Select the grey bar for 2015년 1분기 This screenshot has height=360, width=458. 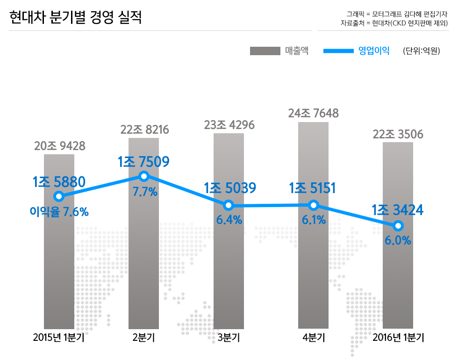coord(59,262)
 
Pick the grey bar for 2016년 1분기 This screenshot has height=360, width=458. coord(398,276)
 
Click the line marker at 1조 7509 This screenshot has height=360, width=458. coord(144,176)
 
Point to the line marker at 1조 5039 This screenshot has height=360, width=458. coord(229,205)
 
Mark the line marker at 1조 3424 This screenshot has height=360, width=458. coord(398,226)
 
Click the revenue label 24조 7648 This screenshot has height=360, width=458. coord(313,113)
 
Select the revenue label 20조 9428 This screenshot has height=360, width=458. coord(59,146)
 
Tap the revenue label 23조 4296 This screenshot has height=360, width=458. coord(229,125)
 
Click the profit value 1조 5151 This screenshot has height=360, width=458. coord(313,188)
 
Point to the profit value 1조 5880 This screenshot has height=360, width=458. coord(59,182)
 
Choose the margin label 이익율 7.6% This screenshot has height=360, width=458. coord(59,212)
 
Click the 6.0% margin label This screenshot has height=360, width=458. coord(398,241)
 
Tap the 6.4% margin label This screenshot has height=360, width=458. coord(229,220)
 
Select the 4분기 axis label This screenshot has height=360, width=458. coord(314,338)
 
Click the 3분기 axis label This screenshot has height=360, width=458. coord(229,338)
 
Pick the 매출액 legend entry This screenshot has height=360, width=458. coord(296,51)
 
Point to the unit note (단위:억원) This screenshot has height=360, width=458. coord(421,51)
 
